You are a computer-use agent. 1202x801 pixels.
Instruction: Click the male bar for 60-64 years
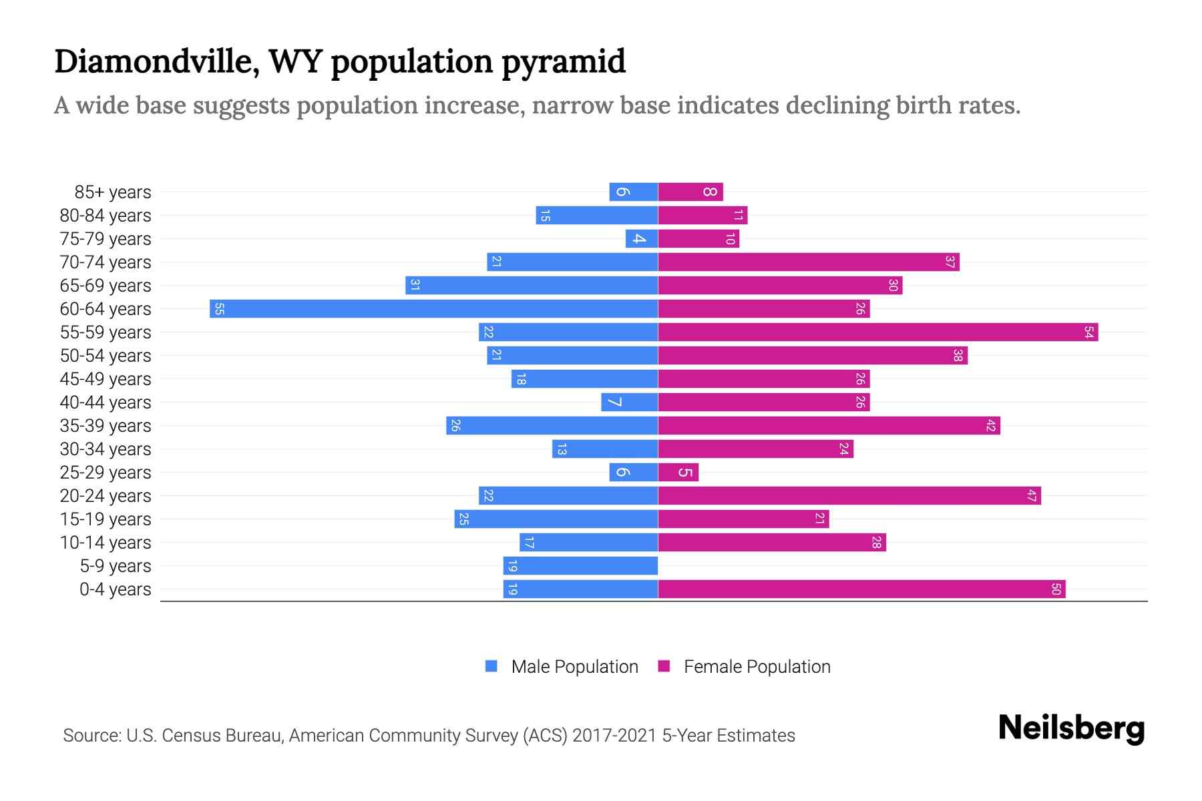pos(434,309)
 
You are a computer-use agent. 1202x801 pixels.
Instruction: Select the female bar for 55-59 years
pos(877,332)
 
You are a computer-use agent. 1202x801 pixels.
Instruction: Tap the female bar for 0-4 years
pos(861,589)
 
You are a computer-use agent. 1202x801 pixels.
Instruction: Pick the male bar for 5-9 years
pos(580,566)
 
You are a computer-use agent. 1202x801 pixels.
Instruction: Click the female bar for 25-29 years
pos(678,473)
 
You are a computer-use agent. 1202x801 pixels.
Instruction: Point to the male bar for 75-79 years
pos(642,239)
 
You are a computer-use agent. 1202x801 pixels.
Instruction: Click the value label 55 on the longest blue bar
pos(219,309)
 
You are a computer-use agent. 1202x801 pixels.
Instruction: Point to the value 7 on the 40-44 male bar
pos(614,403)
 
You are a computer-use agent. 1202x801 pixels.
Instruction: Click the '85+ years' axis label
pos(113,192)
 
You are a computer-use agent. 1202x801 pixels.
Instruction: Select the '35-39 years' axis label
pos(106,426)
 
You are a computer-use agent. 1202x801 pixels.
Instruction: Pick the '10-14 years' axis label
pos(106,543)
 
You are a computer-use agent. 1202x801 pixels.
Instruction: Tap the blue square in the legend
pos(491,666)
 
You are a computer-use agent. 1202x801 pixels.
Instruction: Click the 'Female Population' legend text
pos(757,667)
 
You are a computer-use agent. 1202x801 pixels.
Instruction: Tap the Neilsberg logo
pos(1070,728)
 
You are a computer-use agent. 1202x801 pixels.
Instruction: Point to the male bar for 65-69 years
pos(532,286)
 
